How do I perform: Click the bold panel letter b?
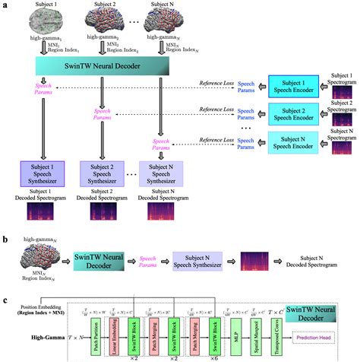pos(6,239)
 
